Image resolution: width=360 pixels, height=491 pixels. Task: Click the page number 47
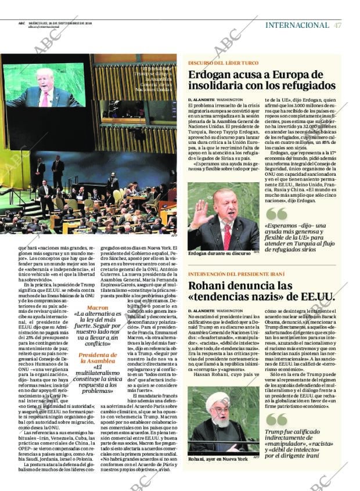(338, 25)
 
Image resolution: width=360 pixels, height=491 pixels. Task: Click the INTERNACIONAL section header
(297, 25)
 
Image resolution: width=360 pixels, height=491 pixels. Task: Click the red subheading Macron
(97, 308)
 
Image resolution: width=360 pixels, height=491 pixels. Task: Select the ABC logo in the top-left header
(21, 24)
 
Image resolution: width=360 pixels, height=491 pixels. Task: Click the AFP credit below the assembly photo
(174, 236)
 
